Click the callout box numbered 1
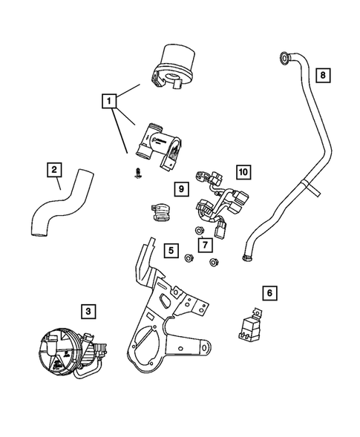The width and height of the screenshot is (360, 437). point(109,99)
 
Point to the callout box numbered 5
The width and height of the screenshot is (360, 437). point(171,251)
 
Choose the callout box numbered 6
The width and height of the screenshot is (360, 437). point(270,293)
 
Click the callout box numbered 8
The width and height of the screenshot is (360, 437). point(322,75)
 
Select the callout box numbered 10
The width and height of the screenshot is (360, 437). point(243,171)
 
